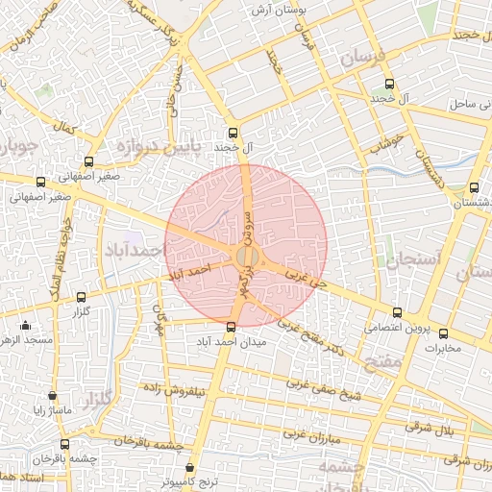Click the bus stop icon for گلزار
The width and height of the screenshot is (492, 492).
pyautogui.click(x=81, y=298)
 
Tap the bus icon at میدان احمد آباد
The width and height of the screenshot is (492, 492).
pyautogui.click(x=231, y=327)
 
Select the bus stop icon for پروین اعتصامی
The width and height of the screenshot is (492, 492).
pyautogui.click(x=398, y=312)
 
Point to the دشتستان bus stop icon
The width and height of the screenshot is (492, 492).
pyautogui.click(x=475, y=188)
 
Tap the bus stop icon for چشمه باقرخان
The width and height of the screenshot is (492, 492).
pyautogui.click(x=64, y=444)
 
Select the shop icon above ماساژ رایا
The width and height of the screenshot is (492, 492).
pyautogui.click(x=51, y=396)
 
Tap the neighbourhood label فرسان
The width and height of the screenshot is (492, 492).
pyautogui.click(x=363, y=58)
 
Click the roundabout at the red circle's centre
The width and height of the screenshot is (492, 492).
pyautogui.click(x=246, y=256)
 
